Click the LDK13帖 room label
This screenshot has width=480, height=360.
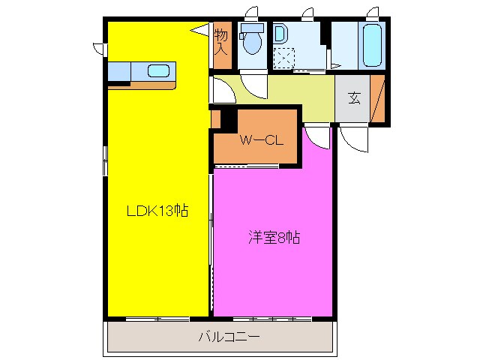click(x=156, y=211)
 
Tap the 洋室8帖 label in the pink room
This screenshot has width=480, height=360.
click(x=274, y=238)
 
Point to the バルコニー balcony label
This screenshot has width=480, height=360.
click(x=229, y=337)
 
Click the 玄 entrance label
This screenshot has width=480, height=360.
click(x=352, y=97)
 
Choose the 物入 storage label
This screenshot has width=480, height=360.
click(x=221, y=42)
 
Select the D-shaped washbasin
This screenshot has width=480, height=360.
click(x=280, y=34)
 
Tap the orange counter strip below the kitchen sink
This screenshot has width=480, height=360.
click(x=142, y=85)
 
